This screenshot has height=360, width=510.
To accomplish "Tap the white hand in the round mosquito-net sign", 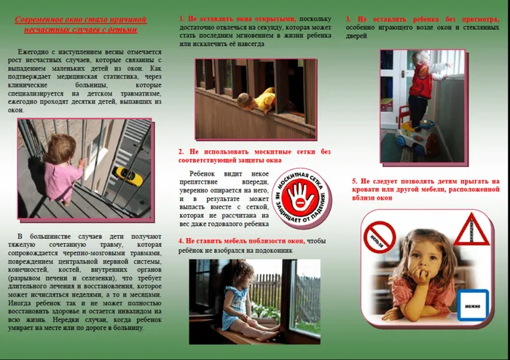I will point(297,194).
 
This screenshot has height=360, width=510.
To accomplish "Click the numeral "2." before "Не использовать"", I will point(182,151).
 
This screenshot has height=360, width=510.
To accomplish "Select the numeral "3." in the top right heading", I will point(348,17).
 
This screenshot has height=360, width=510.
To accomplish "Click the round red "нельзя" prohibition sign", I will point(380,237).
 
